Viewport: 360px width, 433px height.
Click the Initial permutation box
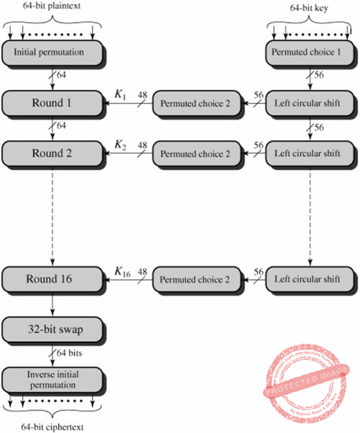52,52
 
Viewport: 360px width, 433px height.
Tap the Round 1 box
52,103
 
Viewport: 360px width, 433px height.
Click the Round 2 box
52,153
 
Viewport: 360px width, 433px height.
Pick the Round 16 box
52,279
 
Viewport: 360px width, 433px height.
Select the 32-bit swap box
52,329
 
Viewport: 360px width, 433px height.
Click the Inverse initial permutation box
52,379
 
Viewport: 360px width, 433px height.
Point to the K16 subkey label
122,271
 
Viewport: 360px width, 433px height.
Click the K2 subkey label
121,145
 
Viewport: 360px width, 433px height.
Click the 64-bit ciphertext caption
52,427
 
